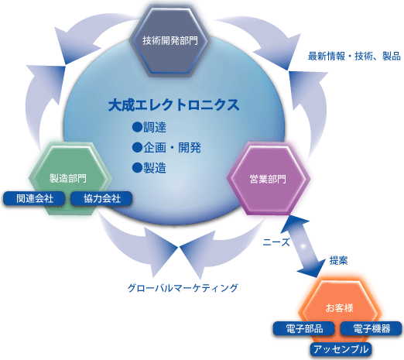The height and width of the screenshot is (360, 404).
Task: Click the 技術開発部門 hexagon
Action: [170, 41]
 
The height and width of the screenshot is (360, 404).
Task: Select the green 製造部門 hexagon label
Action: [68, 178]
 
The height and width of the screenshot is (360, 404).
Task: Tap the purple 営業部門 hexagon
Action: [269, 179]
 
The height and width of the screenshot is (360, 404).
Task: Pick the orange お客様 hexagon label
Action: [339, 308]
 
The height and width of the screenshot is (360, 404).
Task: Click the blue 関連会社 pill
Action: [34, 199]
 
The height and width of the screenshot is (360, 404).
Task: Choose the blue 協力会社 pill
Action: [101, 199]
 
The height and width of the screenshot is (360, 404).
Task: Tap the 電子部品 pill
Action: [304, 328]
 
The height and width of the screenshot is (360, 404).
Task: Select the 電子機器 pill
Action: [371, 328]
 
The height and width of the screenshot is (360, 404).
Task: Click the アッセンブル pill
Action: [341, 349]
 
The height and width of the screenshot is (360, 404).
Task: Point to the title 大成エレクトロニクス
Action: [173, 105]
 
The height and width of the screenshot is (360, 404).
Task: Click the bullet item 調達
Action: [155, 127]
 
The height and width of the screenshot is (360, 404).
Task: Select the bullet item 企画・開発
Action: [172, 148]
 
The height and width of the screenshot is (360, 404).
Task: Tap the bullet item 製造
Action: [155, 168]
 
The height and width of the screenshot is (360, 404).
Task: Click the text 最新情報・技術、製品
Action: [354, 56]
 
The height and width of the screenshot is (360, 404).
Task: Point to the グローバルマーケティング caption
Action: [183, 288]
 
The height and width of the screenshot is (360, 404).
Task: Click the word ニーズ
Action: [276, 242]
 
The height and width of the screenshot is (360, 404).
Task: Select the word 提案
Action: [338, 261]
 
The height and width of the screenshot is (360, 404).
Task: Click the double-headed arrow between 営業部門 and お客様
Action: [303, 246]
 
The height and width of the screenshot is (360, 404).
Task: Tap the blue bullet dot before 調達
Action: [137, 127]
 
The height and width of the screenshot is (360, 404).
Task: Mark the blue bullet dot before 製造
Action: [137, 168]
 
